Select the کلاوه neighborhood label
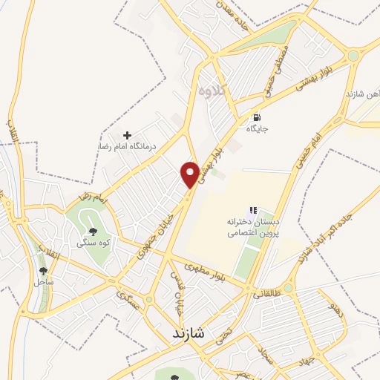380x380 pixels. (214, 91)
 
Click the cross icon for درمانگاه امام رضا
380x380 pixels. (128, 136)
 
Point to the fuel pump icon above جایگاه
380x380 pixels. (257, 117)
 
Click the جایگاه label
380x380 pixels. (257, 128)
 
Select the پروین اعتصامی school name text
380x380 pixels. (253, 232)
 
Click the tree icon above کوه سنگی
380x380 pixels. (93, 232)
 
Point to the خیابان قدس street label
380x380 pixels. (178, 296)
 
